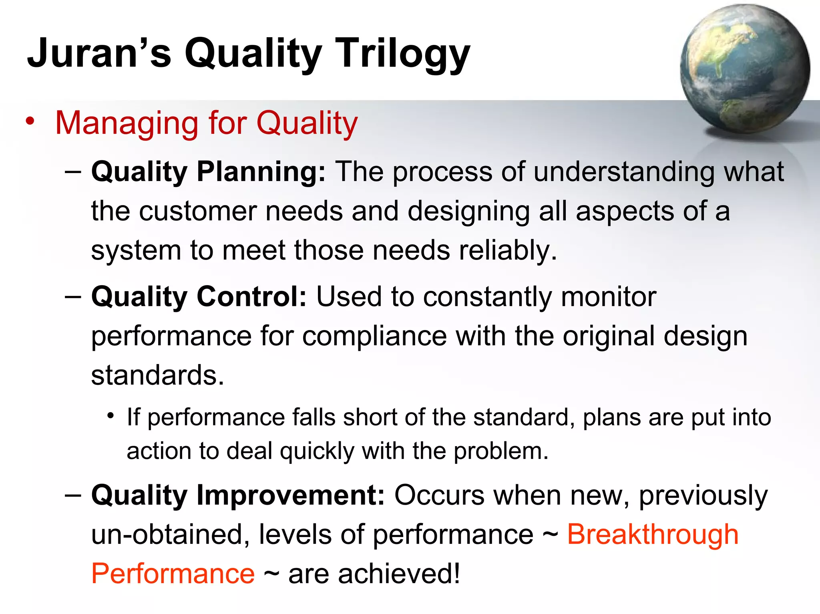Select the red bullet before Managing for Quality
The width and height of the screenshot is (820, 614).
click(30, 121)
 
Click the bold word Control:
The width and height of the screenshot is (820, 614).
click(252, 297)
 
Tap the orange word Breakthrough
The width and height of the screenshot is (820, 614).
click(653, 534)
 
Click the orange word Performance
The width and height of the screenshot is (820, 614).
click(173, 574)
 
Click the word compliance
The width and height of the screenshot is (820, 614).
click(374, 336)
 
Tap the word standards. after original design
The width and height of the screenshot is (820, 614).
click(157, 376)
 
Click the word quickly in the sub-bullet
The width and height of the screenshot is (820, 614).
click(317, 451)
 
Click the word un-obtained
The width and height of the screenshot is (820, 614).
click(167, 534)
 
